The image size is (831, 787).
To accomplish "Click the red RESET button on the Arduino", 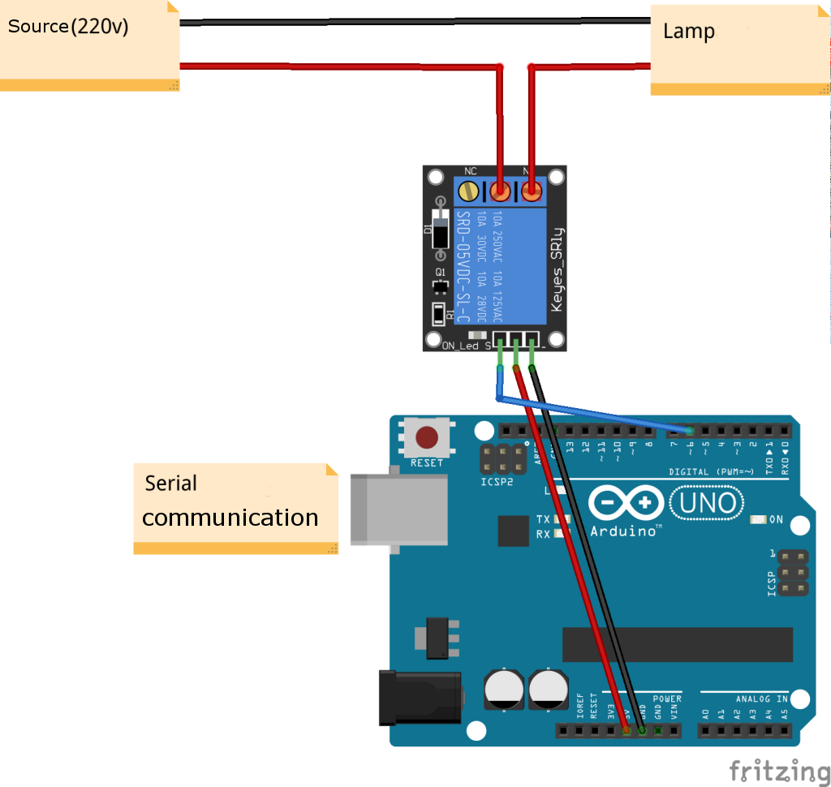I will pos(427,438).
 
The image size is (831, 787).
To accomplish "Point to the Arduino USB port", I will pos(398,510).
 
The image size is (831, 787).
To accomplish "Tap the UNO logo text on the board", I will pos(706,504).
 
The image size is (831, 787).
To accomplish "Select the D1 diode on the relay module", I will pos(440,228).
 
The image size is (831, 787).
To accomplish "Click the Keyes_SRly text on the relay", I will pos(557,268).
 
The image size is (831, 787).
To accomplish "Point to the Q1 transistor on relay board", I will pos(441,286).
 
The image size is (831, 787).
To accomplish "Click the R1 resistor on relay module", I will pos(439,313).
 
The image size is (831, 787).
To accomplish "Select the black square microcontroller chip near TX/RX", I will pos(513,531).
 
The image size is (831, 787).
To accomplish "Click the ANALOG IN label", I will pos(761,698).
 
